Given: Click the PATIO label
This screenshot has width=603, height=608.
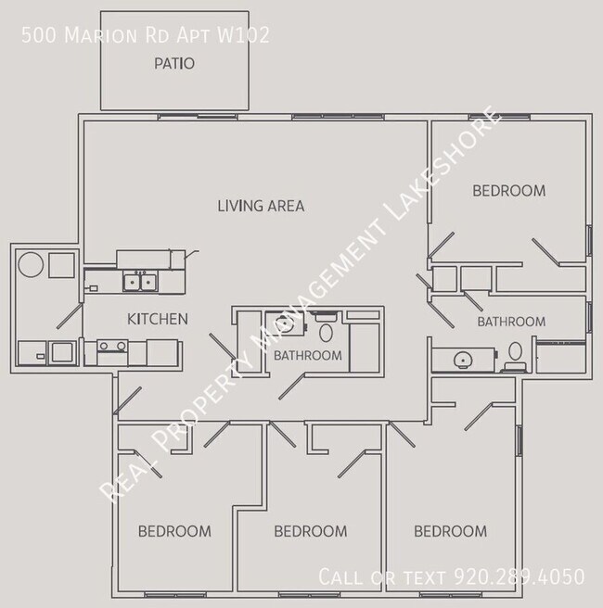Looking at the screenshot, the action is tap(174, 64).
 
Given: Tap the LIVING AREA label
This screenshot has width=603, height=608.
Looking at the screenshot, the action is tap(261, 206).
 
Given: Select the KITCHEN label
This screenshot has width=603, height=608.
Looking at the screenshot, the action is tap(158, 319).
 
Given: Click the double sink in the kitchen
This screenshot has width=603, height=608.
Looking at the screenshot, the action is tap(140, 281).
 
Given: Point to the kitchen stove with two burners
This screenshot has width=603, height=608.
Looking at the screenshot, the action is tap(112, 346).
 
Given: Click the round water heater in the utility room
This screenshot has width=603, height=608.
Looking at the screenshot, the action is tap(31, 264).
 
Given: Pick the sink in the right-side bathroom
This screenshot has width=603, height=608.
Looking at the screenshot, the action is tap(463, 360).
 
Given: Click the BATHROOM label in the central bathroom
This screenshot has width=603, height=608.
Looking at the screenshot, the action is tap(308, 356).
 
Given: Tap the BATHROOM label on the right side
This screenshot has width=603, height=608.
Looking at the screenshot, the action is tap(511, 322).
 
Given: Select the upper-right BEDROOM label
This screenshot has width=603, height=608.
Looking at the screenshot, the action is tap(508, 191).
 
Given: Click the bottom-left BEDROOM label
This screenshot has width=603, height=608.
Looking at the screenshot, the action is tap(174, 531).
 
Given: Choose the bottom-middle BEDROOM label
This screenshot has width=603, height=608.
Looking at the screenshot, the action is tap(311, 531).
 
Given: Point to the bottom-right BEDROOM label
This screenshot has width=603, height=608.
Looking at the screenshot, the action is tap(451, 531).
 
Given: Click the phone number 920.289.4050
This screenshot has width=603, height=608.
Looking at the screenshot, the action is tap(520, 576).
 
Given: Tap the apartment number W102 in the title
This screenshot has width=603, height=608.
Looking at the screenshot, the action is tap(243, 35).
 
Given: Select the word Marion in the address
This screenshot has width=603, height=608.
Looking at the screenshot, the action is tap(100, 35).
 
